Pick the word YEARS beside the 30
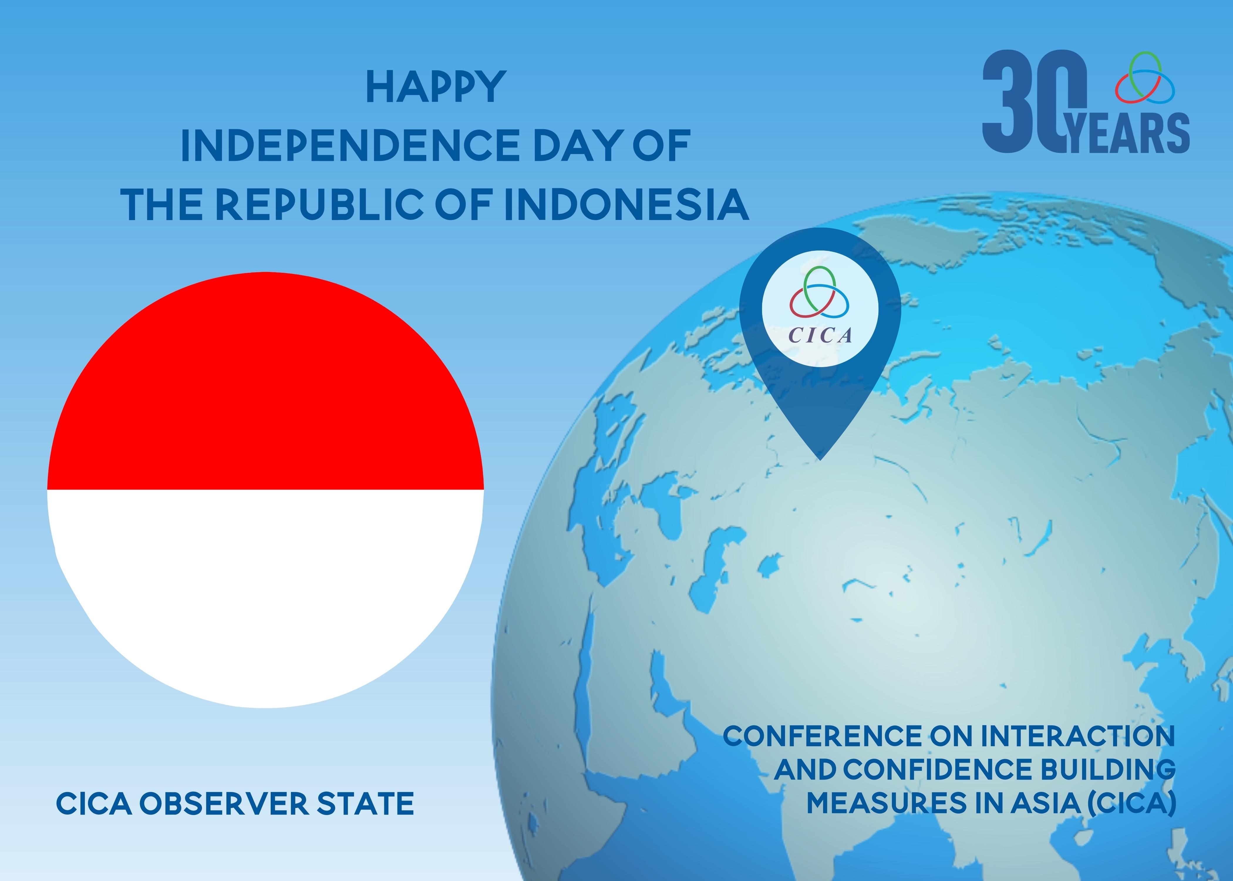coord(1128,133)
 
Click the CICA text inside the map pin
coord(820,335)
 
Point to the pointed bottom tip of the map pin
coord(820,460)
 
